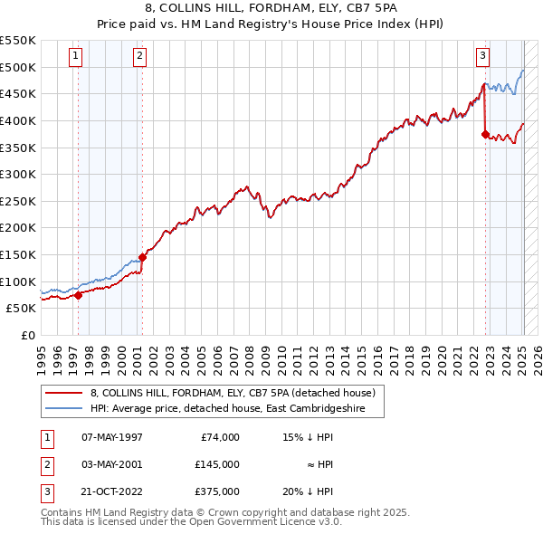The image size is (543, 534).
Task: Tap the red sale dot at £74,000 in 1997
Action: (78, 294)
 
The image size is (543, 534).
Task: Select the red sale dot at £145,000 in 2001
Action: (142, 257)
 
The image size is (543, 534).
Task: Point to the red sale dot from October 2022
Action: (486, 134)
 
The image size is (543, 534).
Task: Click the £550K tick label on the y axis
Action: (18, 41)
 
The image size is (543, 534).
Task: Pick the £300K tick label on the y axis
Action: (18, 174)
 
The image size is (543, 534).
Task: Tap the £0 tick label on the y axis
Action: (27, 335)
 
